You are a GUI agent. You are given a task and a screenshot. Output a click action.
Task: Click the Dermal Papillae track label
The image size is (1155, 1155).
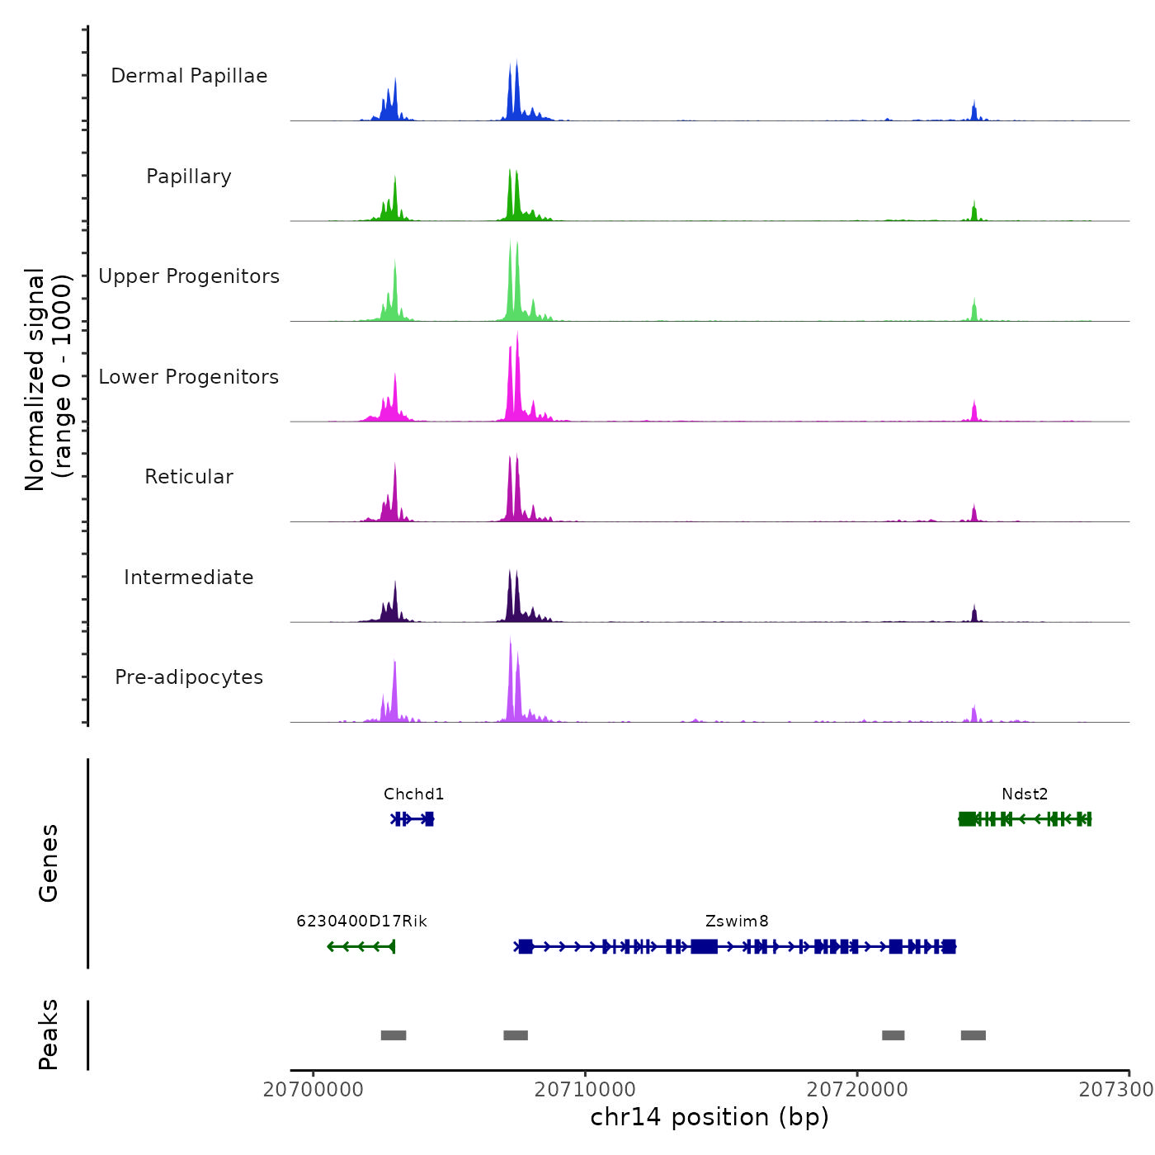click(189, 76)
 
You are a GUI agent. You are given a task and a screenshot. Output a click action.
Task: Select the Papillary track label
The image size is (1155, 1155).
click(189, 177)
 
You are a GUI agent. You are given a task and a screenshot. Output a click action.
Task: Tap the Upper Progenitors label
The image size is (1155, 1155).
click(189, 276)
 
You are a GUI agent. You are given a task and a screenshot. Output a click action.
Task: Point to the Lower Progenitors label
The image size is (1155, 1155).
click(189, 377)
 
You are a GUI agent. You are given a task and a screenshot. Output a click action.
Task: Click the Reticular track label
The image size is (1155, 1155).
click(189, 477)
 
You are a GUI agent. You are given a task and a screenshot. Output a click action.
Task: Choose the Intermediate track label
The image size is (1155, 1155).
click(189, 577)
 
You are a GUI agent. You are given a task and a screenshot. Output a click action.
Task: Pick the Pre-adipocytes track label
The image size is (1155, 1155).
click(189, 677)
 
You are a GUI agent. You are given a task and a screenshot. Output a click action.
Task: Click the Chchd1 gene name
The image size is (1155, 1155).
click(413, 794)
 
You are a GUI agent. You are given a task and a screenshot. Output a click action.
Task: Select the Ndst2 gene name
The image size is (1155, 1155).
click(1025, 794)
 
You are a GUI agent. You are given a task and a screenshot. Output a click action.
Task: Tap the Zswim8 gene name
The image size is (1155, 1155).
click(737, 922)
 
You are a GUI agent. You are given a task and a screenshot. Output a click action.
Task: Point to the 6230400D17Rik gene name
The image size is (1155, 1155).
click(361, 922)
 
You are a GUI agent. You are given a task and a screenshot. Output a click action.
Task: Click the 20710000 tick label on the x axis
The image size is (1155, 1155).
click(585, 1090)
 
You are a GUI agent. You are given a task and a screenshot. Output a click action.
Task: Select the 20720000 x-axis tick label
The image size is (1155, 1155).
click(857, 1090)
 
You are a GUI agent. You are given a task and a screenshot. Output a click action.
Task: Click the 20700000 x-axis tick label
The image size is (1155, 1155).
click(313, 1090)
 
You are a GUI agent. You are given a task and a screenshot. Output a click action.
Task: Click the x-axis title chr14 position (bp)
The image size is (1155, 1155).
click(709, 1117)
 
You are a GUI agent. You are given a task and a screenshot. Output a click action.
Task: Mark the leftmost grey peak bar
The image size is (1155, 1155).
click(394, 1035)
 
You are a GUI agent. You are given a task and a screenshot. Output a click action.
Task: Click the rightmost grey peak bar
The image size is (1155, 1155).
click(973, 1035)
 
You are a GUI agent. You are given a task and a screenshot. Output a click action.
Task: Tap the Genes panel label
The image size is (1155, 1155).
click(49, 863)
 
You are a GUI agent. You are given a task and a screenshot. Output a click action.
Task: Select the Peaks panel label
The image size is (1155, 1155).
click(49, 1035)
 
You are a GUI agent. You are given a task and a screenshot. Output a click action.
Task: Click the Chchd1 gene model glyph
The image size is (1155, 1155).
click(412, 819)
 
